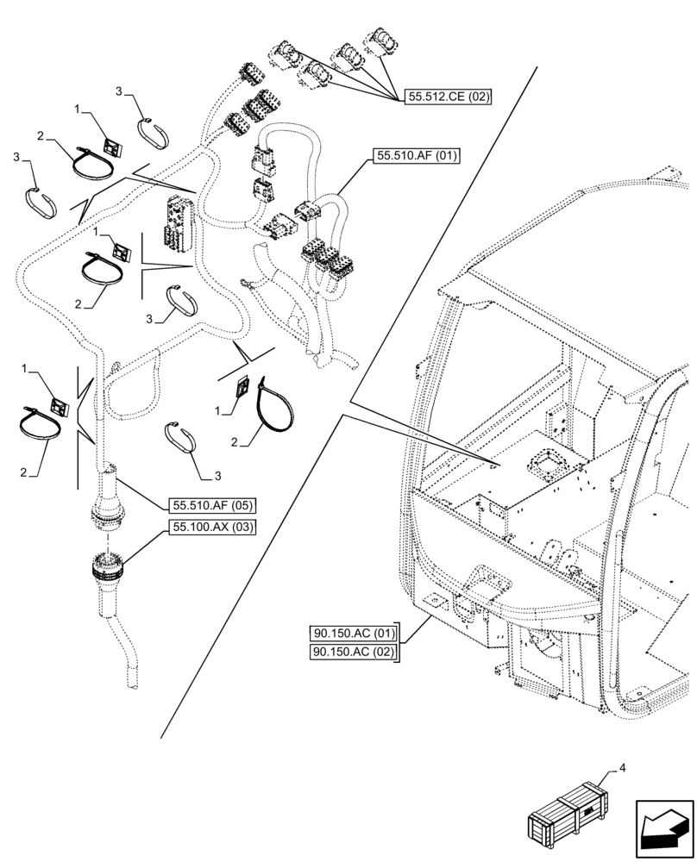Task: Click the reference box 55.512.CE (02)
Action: coord(446,97)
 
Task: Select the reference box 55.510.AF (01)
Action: coord(417,156)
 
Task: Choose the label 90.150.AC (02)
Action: coord(355,653)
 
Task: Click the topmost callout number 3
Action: coord(120,91)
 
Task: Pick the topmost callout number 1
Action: coord(78,110)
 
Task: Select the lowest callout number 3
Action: coord(218,475)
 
